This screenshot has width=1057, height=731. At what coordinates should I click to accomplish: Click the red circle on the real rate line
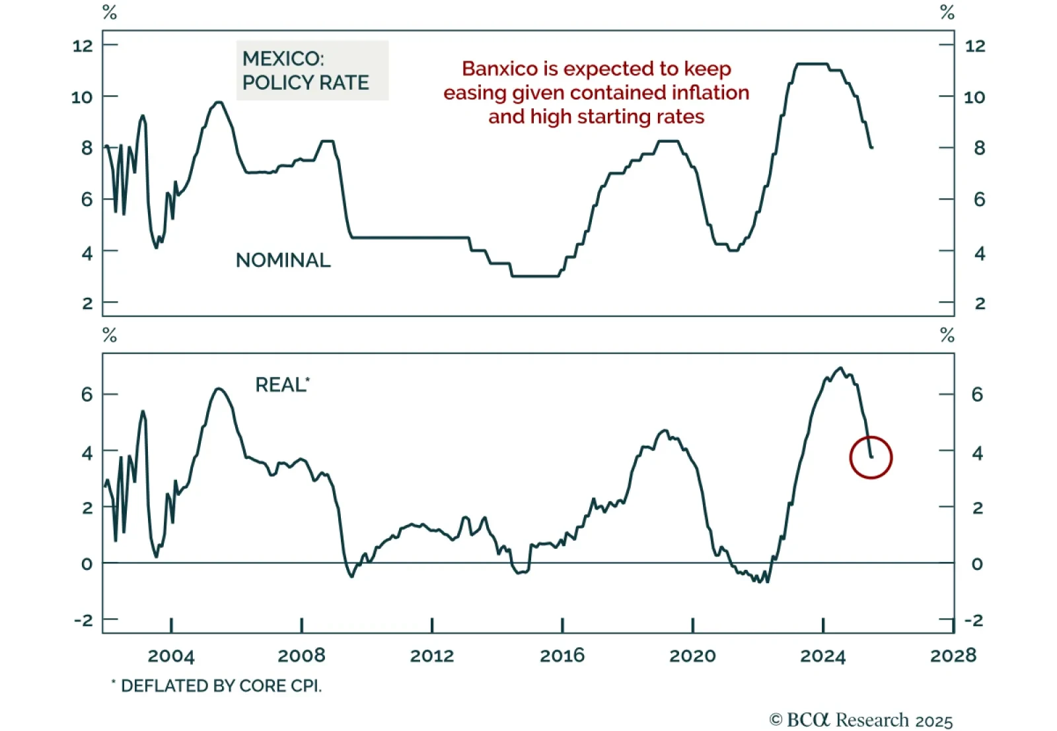click(871, 457)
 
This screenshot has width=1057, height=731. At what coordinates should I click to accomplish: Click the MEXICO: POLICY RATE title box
click(312, 71)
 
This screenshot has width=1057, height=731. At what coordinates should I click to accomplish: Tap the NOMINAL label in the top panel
click(283, 260)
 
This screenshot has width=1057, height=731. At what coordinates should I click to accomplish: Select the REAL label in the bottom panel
click(280, 385)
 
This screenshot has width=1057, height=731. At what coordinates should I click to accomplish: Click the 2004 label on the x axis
click(171, 656)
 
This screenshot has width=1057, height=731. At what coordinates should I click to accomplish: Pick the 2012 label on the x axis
click(432, 656)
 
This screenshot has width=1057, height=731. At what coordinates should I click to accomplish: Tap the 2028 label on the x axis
click(953, 656)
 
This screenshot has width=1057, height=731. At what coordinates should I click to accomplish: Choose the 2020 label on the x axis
click(692, 656)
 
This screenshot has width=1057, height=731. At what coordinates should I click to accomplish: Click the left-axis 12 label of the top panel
click(83, 46)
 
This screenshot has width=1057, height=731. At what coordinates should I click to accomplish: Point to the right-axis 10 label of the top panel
click(974, 97)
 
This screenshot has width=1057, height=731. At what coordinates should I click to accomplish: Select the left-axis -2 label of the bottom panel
click(83, 620)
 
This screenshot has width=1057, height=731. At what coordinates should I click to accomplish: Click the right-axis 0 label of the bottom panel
click(977, 564)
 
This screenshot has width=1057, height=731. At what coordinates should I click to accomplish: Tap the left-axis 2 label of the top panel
click(87, 303)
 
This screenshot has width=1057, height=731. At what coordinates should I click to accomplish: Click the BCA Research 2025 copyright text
click(861, 720)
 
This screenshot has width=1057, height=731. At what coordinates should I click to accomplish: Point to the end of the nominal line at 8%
click(872, 147)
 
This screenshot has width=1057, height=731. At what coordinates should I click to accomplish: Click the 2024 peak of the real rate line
click(840, 368)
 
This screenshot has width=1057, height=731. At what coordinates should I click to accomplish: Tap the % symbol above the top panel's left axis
click(110, 13)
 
